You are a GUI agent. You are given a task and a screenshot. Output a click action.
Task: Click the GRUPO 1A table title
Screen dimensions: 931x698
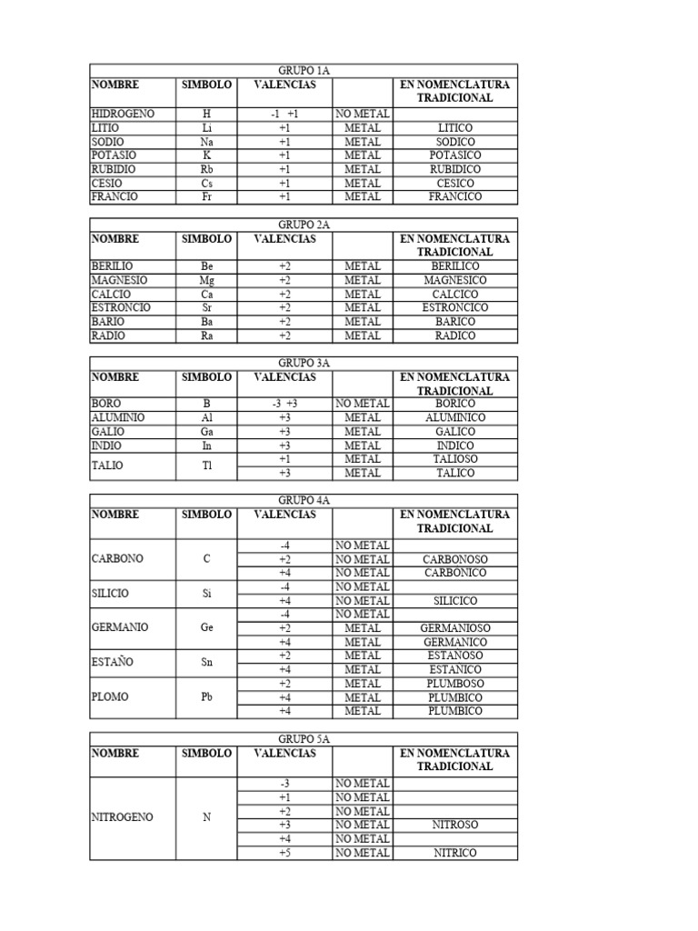coord(303,70)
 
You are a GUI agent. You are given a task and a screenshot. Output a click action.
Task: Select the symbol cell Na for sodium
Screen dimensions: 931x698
coord(207,142)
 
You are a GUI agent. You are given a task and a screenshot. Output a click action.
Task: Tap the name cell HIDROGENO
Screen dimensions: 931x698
coord(123,114)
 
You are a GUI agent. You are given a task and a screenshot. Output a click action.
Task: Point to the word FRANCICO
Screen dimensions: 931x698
coord(454,196)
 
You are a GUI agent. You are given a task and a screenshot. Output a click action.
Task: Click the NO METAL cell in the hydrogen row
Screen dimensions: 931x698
coord(363,114)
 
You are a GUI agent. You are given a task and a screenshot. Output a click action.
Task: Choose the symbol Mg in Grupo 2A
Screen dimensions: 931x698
coord(207,280)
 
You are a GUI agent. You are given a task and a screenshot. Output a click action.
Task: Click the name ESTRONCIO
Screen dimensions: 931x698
coord(121,307)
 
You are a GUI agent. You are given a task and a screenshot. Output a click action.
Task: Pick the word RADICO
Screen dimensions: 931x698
coord(454,335)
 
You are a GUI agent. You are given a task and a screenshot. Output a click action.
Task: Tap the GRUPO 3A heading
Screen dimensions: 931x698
coord(303,363)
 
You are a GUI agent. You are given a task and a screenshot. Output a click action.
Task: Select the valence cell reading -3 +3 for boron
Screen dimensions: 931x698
coord(284,404)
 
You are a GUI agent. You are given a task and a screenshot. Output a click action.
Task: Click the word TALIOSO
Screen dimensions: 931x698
coord(454,459)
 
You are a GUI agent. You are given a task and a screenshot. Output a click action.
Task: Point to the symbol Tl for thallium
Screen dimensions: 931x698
coord(207,465)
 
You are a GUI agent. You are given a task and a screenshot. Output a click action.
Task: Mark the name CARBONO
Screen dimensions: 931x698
coord(118,558)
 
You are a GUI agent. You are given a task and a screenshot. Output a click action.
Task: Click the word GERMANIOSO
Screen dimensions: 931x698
coord(454,627)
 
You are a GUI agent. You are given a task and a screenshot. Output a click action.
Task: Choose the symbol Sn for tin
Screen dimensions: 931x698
coord(207,662)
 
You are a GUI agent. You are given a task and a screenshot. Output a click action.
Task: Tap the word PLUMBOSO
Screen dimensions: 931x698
coord(454,684)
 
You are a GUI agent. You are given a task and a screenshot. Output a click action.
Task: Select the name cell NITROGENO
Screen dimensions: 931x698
coord(123,817)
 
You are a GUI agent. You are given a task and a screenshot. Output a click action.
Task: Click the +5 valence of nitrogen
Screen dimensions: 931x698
coord(284,853)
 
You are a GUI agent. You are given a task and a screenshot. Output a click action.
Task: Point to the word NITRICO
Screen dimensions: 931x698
coord(454,853)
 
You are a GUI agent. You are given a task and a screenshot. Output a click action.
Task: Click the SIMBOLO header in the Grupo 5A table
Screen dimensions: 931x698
coord(206,753)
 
